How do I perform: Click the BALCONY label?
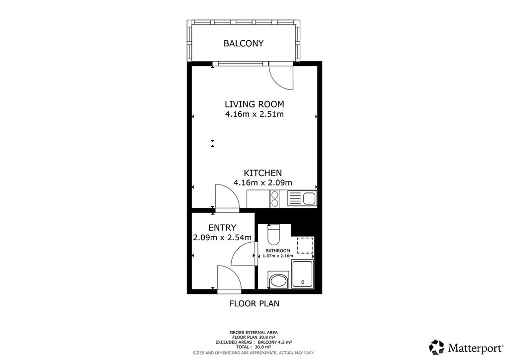pyautogui.click(x=244, y=43)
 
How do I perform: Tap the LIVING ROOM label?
pyautogui.click(x=254, y=104)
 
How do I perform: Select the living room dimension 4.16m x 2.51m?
pyautogui.click(x=254, y=114)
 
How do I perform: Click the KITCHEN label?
pyautogui.click(x=263, y=173)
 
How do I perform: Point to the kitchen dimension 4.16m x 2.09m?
pyautogui.click(x=263, y=183)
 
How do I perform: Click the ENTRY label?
pyautogui.click(x=222, y=228)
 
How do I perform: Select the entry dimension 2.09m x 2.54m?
pyautogui.click(x=222, y=238)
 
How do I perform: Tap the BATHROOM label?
pyautogui.click(x=278, y=251)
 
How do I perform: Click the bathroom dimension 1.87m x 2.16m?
pyautogui.click(x=278, y=256)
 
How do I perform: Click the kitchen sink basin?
pyautogui.click(x=309, y=198)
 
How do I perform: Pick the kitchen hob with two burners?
pyautogui.click(x=275, y=199)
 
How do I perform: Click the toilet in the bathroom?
pyautogui.click(x=273, y=235)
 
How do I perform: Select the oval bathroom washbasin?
pyautogui.click(x=278, y=281)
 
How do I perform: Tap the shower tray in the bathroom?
pyautogui.click(x=302, y=274)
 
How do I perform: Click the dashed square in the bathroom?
pyautogui.click(x=306, y=245)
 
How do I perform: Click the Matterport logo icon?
pyautogui.click(x=436, y=347)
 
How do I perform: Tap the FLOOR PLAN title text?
pyautogui.click(x=254, y=303)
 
